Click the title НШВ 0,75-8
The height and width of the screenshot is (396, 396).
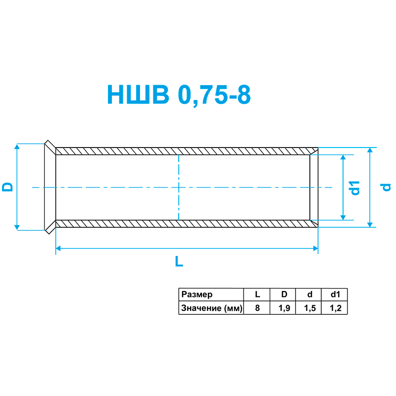tap(179, 95)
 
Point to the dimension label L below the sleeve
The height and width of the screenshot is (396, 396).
tap(179, 262)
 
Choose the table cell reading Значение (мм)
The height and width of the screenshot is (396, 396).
tap(211, 308)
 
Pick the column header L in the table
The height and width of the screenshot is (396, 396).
tap(257, 295)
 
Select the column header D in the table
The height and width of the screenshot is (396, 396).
tap(284, 295)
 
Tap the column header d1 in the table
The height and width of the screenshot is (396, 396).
tap(335, 295)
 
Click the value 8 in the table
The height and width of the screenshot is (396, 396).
tap(257, 308)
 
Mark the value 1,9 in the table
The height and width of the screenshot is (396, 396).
tap(284, 308)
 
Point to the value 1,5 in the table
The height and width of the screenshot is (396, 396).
tap(309, 308)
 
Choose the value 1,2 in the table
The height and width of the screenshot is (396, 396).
tap(335, 308)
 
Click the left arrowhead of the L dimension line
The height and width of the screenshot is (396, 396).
tap(58, 249)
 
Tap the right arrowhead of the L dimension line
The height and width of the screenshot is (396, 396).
tap(315, 249)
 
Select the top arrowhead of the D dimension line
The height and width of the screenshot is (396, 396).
tap(17, 147)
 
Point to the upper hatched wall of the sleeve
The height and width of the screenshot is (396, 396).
tap(183, 151)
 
